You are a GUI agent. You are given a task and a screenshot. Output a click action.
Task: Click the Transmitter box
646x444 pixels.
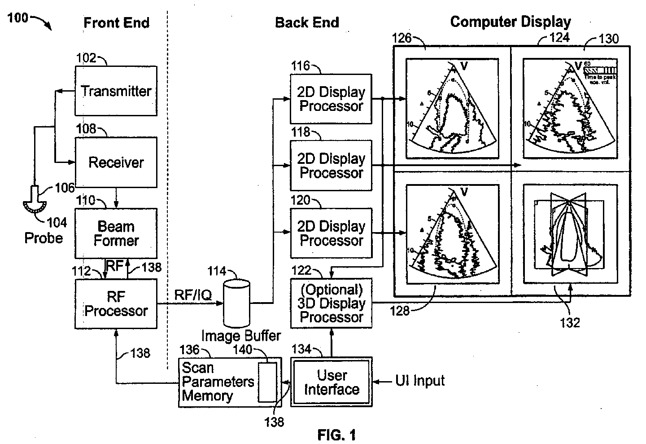pos(116,91)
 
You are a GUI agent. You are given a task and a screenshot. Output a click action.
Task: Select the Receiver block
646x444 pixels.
pos(116,162)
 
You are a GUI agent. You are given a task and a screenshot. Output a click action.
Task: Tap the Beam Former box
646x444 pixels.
pos(116,233)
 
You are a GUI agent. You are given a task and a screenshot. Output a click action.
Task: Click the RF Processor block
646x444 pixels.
pos(116,304)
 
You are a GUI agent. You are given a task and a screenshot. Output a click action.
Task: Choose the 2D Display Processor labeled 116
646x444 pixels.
pos(331,99)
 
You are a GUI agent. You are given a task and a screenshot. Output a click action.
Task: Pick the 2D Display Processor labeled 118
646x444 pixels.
pos(331,166)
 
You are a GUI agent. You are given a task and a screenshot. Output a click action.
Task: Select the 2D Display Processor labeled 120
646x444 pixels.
pos(331,233)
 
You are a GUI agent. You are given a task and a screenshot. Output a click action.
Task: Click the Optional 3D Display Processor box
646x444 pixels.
pos(331,303)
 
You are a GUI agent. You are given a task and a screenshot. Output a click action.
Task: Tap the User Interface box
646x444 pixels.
pos(332,382)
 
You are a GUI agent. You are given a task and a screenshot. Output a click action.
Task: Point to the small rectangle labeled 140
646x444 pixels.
pos(267,382)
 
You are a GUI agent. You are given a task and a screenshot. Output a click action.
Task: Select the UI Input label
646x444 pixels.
pos(420,381)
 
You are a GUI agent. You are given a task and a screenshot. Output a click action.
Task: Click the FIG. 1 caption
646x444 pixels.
pos(336,435)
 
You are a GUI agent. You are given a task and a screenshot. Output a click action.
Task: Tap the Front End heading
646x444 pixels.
pos(116,22)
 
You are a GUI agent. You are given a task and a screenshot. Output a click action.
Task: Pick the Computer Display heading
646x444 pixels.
pos(510,22)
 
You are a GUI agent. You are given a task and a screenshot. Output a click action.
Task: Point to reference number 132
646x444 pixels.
pos(570,322)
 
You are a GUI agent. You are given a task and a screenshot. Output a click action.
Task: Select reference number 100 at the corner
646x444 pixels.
pos(17,18)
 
